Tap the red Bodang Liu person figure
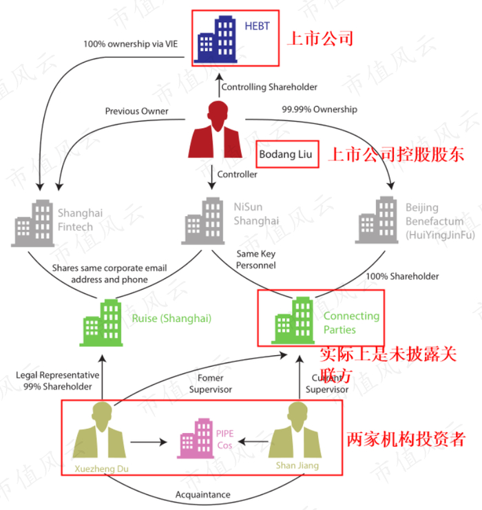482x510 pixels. coord(217,130)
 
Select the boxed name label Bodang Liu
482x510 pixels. coord(285,156)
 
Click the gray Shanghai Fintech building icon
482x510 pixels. coord(32,223)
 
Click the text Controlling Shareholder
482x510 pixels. coord(269,87)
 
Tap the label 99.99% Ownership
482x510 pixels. coord(319,109)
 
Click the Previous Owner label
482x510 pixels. coord(136,111)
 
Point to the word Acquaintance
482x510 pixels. coord(202,494)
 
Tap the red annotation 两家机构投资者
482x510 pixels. coord(406,438)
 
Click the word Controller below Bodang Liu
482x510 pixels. coord(238,174)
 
